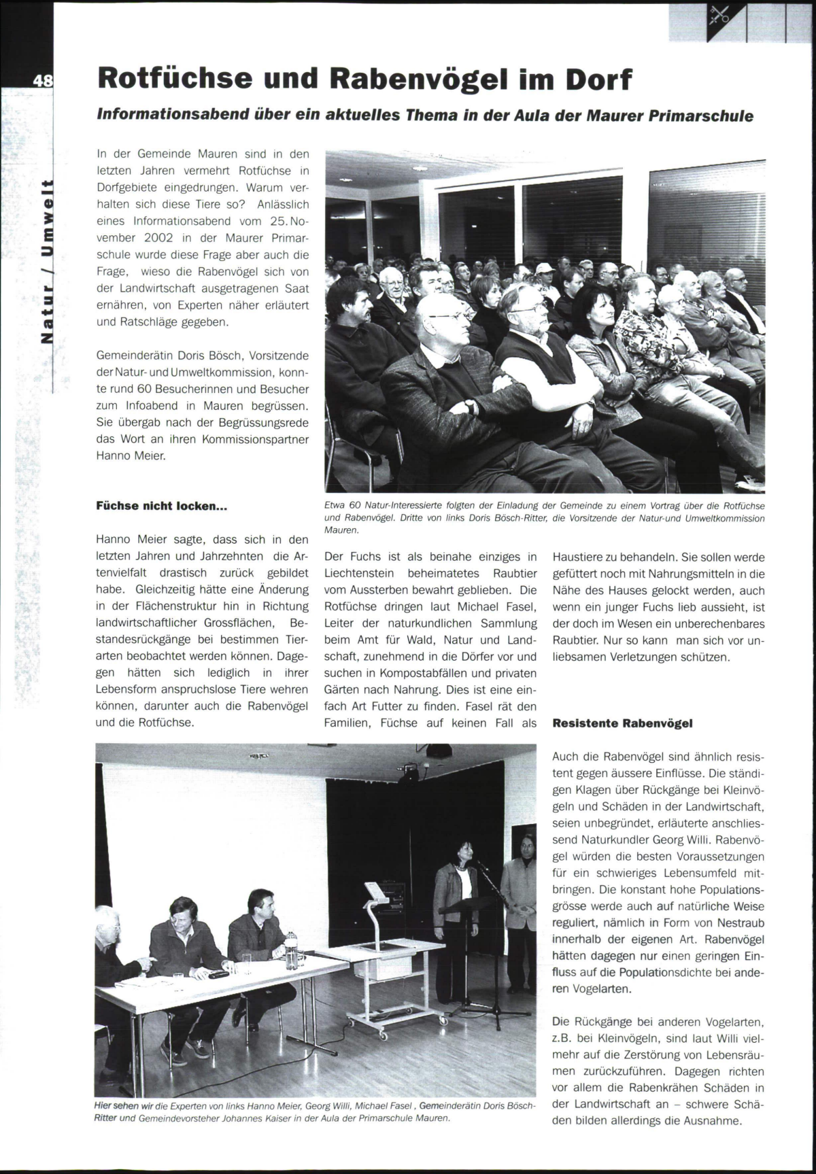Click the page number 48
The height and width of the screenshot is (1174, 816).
click(x=42, y=80)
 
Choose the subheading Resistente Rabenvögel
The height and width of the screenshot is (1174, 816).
click(x=622, y=723)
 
